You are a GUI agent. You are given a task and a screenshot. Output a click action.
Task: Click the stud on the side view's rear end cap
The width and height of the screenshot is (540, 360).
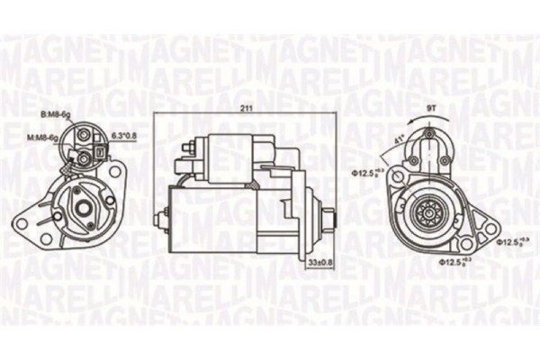click(x=165, y=214)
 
